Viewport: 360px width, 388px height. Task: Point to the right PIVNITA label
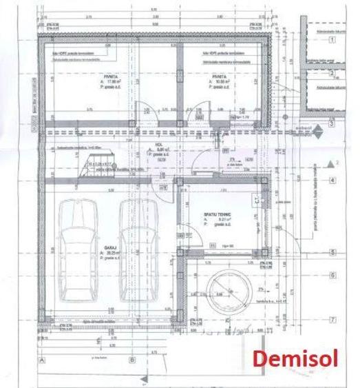tap(220, 77)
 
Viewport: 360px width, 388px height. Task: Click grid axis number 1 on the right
tap(332, 40)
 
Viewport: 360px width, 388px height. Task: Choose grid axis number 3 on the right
tap(332, 124)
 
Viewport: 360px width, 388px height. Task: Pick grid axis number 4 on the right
tap(332, 181)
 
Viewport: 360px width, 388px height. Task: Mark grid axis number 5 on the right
tap(332, 253)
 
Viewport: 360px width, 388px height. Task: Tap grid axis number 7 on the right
tap(332, 320)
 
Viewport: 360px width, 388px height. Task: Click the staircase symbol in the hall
tap(94, 164)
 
